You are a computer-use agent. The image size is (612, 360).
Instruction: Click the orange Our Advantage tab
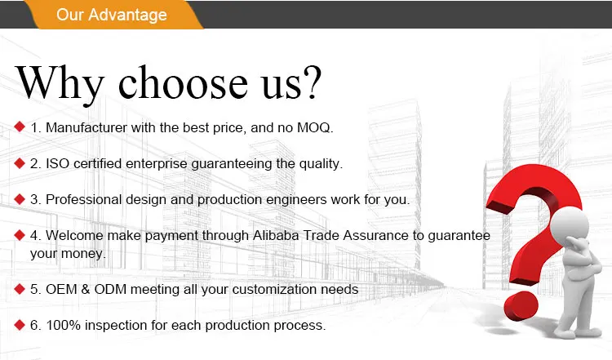114,15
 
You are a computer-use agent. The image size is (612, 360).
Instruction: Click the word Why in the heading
60,83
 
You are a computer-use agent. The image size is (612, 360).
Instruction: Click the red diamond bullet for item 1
20,127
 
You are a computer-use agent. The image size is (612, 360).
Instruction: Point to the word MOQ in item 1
313,128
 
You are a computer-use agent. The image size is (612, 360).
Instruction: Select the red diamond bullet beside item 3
20,198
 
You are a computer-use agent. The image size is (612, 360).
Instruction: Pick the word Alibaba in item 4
276,235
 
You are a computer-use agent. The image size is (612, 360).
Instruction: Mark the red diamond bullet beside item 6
20,324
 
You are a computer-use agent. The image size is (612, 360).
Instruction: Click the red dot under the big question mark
521,307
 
